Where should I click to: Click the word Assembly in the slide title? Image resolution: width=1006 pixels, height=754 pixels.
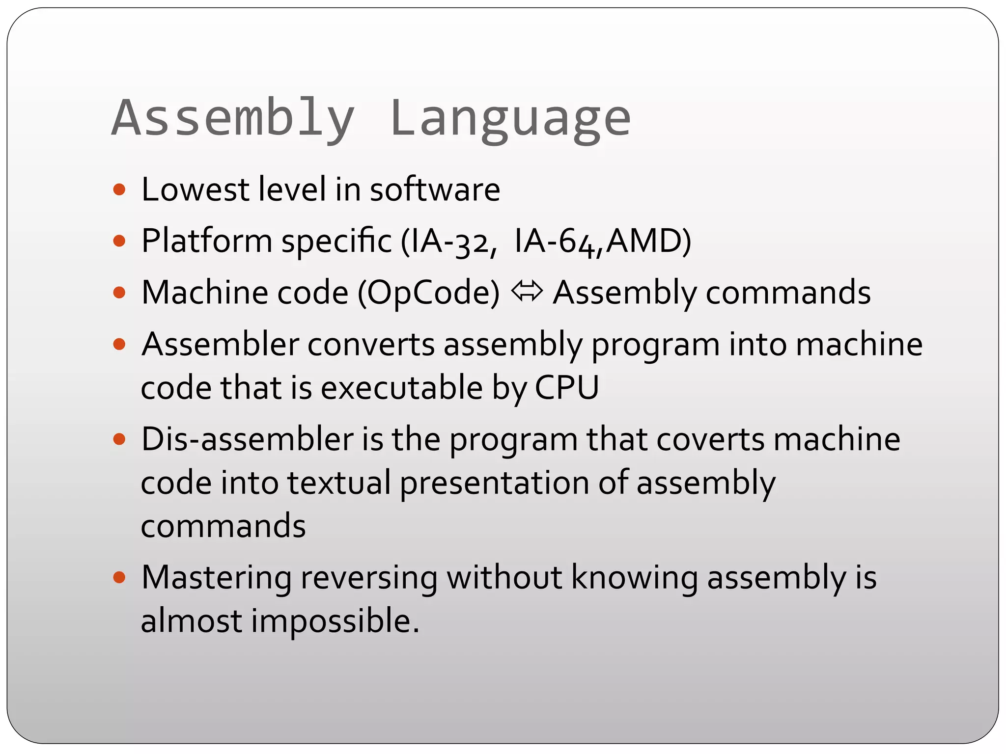233,119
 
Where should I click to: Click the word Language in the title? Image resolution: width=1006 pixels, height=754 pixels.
510,119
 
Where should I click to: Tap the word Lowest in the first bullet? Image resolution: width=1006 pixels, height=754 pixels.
195,189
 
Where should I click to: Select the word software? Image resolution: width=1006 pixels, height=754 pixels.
435,189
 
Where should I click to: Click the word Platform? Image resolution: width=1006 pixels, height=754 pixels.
206,242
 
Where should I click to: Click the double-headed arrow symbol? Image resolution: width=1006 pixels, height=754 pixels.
527,291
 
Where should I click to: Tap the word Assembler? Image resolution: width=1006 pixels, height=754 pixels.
220,344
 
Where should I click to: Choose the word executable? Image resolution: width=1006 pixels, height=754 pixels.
402,388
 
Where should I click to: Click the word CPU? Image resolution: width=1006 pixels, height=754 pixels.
567,388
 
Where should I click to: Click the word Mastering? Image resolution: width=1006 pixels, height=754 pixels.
217,577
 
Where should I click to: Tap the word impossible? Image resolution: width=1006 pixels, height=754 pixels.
335,621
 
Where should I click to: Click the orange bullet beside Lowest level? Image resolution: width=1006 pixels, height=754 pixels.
119,189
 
